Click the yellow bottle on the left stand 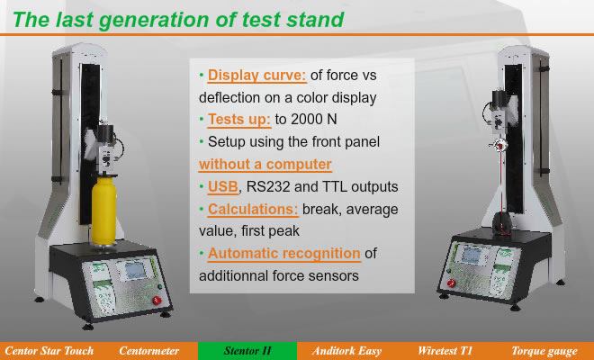click(103, 211)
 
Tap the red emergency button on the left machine click(157, 301)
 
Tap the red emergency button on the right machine click(451, 283)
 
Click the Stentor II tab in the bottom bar click(247, 351)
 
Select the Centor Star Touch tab click(49, 351)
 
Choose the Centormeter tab click(148, 351)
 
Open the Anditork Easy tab click(346, 351)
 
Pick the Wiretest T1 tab click(445, 351)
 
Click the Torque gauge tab click(544, 351)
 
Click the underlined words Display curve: click(256, 76)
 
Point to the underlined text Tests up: click(239, 120)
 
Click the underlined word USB click(223, 187)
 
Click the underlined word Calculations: click(253, 209)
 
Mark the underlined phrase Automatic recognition click(284, 254)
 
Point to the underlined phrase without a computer click(265, 165)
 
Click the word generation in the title click(153, 20)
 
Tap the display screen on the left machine click(136, 270)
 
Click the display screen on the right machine click(472, 255)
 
